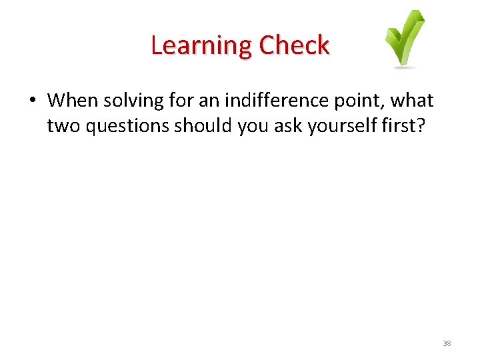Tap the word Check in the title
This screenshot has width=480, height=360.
[294, 46]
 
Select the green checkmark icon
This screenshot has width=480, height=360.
[404, 37]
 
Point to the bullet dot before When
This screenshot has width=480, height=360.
[32, 101]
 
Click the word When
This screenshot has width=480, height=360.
[72, 101]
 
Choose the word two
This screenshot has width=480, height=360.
[61, 126]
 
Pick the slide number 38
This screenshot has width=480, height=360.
[447, 343]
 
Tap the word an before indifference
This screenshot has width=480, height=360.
[209, 101]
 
